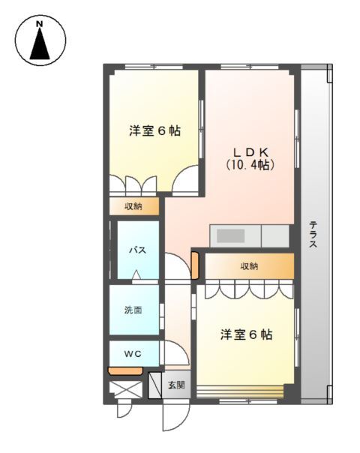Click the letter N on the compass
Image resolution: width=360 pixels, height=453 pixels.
40,24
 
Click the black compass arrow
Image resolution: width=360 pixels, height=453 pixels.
40,43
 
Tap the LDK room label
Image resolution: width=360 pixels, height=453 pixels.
250,151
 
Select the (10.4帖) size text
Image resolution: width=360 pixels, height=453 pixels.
250,165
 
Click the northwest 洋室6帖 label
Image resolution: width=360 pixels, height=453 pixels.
154,130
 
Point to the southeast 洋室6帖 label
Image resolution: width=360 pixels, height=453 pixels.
247,334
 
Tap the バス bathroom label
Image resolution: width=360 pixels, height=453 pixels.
137,250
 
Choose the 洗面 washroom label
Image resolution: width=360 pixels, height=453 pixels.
133,310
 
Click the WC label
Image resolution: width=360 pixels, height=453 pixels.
133,353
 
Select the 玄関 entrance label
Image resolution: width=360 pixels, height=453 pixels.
176,385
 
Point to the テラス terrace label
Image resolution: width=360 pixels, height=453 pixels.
313,234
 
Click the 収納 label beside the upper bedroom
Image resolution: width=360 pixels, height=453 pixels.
133,206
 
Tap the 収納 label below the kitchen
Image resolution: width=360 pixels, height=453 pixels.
249,266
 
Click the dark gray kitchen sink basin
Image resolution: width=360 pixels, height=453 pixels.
231,235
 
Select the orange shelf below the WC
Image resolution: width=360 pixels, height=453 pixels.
125,371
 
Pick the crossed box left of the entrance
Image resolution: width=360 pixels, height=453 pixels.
126,390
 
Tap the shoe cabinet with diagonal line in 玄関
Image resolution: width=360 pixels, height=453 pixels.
154,385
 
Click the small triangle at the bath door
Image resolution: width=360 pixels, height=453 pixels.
136,274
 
